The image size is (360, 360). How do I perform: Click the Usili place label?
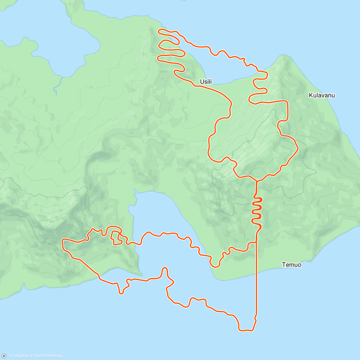click(206, 82)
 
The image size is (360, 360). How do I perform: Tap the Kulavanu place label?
click(322, 95)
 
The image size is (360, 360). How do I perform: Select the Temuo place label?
click(292, 265)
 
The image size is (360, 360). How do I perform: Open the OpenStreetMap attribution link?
click(48, 356)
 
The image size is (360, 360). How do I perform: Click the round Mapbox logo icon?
click(4, 356)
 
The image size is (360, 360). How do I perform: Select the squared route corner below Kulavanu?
click(287, 102)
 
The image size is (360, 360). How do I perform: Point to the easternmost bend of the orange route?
click(298, 148)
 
